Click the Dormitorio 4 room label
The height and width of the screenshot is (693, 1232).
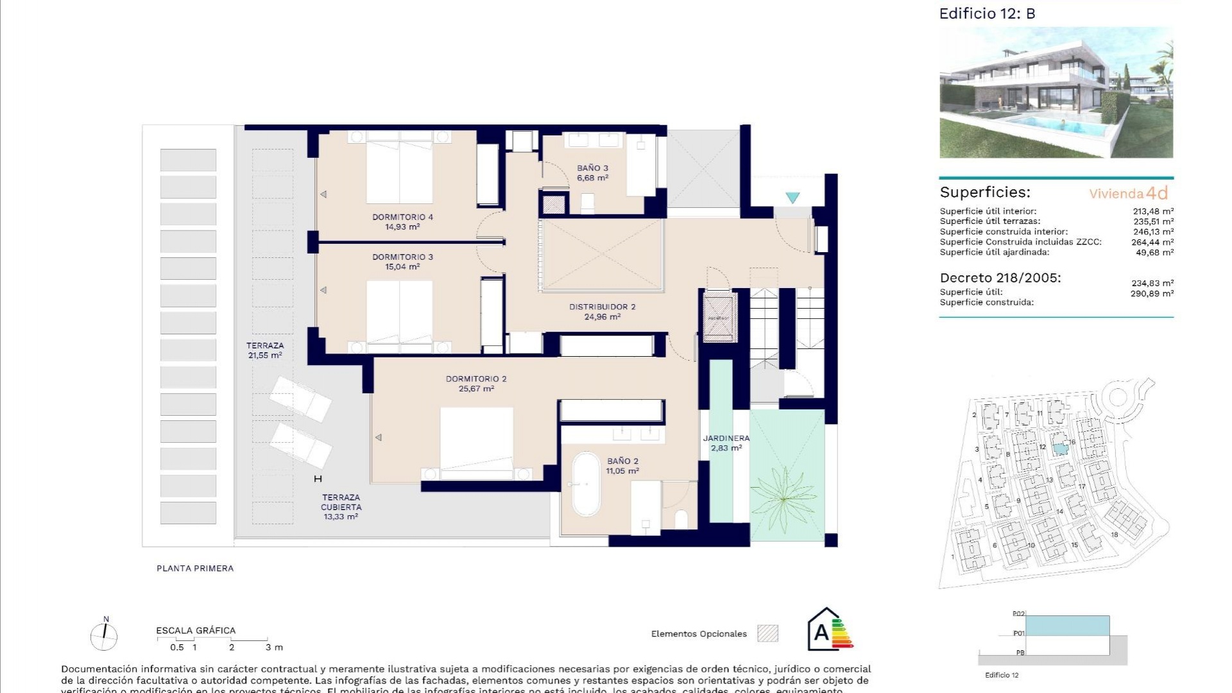[x=402, y=217]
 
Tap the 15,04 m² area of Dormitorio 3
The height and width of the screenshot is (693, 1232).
[x=402, y=267]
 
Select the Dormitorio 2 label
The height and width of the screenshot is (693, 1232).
[x=476, y=379]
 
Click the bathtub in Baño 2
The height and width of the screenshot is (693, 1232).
[x=585, y=484]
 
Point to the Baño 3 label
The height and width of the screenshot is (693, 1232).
[x=592, y=168]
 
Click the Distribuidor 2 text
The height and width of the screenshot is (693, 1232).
[x=602, y=307]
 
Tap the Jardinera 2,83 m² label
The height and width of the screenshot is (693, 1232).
[x=726, y=443]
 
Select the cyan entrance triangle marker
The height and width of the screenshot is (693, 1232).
[x=793, y=198]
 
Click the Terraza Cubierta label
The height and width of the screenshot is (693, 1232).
[x=341, y=502]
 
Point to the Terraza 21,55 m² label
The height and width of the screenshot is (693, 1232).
[x=265, y=350]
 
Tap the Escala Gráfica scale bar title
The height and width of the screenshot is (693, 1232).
[x=196, y=630]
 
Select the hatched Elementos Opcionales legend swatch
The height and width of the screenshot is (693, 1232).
[x=767, y=633]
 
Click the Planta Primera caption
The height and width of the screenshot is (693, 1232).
[x=195, y=568]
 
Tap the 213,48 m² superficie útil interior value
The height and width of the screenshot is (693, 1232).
[x=1153, y=211]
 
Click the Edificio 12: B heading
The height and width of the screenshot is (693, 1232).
[x=987, y=13]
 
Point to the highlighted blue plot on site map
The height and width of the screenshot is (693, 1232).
[x=1061, y=449]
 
